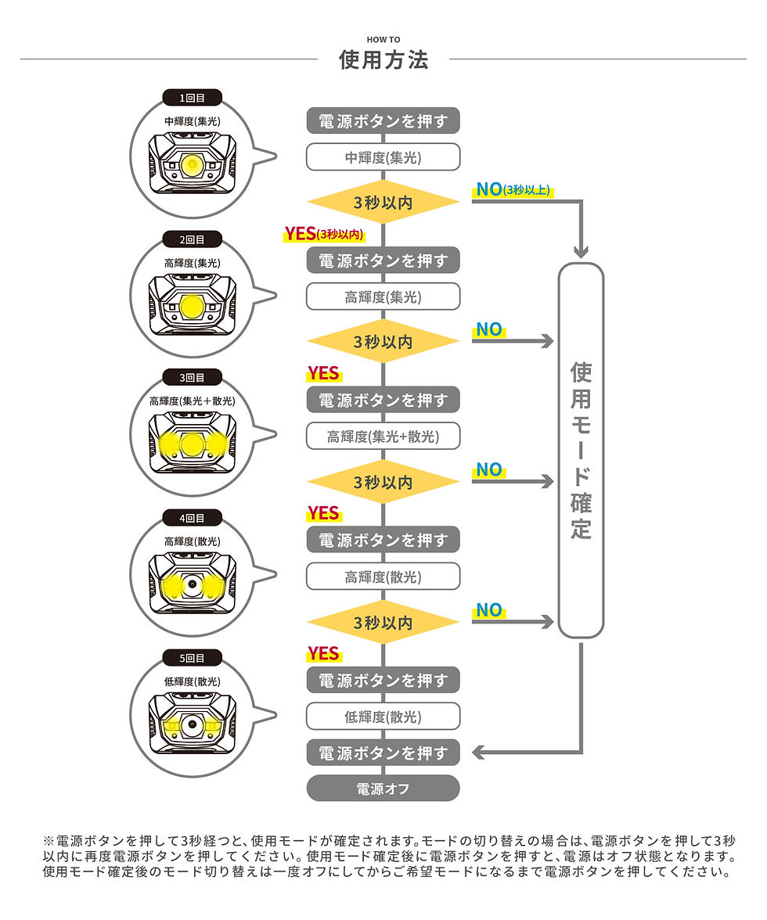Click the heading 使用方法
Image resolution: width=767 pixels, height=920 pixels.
pyautogui.click(x=383, y=59)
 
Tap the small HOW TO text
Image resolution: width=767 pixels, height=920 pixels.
pyautogui.click(x=383, y=39)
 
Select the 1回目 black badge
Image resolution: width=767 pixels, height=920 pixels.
pyautogui.click(x=192, y=97)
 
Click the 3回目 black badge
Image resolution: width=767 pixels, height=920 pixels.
pyautogui.click(x=192, y=377)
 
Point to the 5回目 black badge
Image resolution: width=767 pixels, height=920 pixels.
pyautogui.click(x=192, y=658)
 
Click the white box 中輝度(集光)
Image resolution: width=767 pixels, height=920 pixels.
pyautogui.click(x=383, y=157)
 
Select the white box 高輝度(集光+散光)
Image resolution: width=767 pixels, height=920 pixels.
pyautogui.click(x=383, y=436)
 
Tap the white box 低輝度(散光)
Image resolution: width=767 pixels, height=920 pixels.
pyautogui.click(x=383, y=717)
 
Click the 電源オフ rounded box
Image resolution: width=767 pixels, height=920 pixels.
pyautogui.click(x=383, y=788)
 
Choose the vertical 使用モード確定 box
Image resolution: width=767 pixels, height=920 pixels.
pyautogui.click(x=581, y=450)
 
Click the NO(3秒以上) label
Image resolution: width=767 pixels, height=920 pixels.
pyautogui.click(x=513, y=189)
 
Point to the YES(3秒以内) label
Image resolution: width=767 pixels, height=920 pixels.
pyautogui.click(x=324, y=234)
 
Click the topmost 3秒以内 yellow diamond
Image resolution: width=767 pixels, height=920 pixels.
pyautogui.click(x=383, y=202)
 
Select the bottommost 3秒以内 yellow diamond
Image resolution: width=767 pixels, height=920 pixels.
pyautogui.click(x=383, y=622)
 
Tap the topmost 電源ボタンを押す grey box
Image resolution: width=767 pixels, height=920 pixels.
pyautogui.click(x=383, y=120)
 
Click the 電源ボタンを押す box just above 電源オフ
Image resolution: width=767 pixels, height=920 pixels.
pyautogui.click(x=383, y=753)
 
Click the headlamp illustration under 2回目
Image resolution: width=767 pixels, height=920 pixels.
pyautogui.click(x=193, y=304)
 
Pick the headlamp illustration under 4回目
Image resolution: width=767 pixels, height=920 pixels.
pyautogui.click(x=193, y=584)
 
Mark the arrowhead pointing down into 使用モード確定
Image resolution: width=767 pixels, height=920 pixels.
pyautogui.click(x=581, y=251)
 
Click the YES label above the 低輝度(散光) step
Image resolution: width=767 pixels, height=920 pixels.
pyautogui.click(x=323, y=654)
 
